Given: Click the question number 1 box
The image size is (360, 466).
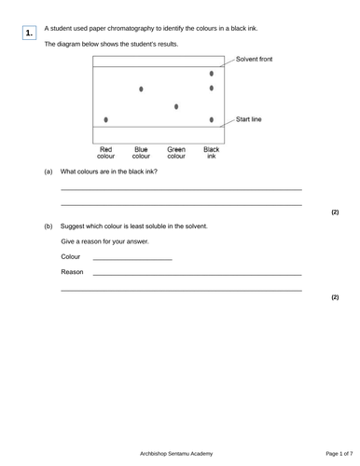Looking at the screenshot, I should click(x=29, y=34).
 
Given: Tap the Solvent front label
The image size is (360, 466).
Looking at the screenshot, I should click(x=255, y=58).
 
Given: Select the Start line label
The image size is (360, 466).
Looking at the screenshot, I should click(x=249, y=119).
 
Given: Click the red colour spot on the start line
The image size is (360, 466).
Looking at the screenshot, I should click(x=106, y=120).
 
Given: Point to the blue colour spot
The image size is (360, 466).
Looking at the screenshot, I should click(x=141, y=89).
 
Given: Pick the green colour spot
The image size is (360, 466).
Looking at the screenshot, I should click(x=176, y=107).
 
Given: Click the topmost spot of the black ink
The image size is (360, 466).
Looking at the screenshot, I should click(x=212, y=73).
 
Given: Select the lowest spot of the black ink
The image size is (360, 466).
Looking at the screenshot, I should click(x=212, y=120).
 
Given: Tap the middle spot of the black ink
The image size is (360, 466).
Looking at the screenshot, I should click(x=212, y=89).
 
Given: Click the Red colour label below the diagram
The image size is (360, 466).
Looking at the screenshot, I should click(x=106, y=153).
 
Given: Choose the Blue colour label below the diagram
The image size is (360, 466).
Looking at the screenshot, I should click(x=141, y=153).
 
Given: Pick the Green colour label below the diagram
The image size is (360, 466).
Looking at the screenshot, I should click(x=176, y=153).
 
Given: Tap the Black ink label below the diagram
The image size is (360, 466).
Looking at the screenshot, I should click(x=212, y=153).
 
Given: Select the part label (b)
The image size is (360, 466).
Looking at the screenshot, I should click(x=48, y=226).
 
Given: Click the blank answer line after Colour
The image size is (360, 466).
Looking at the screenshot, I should click(x=132, y=258).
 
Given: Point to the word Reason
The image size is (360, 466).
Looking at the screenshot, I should click(x=72, y=273).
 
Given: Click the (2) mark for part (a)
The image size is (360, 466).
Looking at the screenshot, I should click(x=335, y=212).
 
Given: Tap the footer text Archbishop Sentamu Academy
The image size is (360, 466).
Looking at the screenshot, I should click(x=180, y=453).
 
